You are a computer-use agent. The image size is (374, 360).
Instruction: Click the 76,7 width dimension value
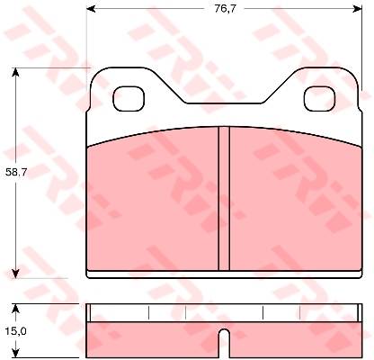tap(225, 9)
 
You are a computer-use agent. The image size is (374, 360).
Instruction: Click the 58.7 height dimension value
tap(16, 173)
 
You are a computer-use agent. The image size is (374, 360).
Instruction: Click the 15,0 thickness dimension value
tap(16, 331)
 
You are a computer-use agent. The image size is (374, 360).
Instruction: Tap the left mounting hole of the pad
tap(129, 98)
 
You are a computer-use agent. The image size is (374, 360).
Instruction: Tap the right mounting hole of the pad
tap(320, 98)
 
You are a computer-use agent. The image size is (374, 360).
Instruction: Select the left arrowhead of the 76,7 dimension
tap(91, 9)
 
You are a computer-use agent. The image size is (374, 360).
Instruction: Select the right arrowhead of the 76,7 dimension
tap(358, 9)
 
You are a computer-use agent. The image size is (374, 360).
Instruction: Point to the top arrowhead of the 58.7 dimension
tap(15, 73)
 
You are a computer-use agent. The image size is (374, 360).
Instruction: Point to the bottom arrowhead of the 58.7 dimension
tap(15, 273)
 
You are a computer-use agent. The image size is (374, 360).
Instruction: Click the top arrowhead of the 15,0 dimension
tap(15, 309)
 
